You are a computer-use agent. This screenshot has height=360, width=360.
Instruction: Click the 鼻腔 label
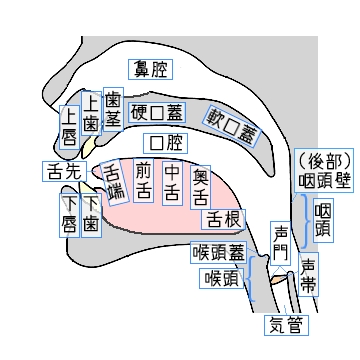click(153, 69)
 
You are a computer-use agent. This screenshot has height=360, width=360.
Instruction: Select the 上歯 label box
click(90, 113)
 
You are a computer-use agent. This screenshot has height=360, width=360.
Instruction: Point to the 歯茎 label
click(113, 110)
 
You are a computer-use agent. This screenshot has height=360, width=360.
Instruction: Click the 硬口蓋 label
click(157, 110)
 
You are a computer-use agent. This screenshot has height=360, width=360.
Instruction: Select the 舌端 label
click(115, 178)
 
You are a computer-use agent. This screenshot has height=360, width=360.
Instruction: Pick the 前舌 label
click(144, 179)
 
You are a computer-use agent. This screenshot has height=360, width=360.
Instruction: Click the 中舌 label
click(173, 180)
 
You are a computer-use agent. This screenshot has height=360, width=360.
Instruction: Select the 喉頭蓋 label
click(218, 251)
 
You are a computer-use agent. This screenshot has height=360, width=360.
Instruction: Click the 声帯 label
click(309, 274)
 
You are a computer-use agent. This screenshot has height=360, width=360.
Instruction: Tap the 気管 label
click(286, 325)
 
